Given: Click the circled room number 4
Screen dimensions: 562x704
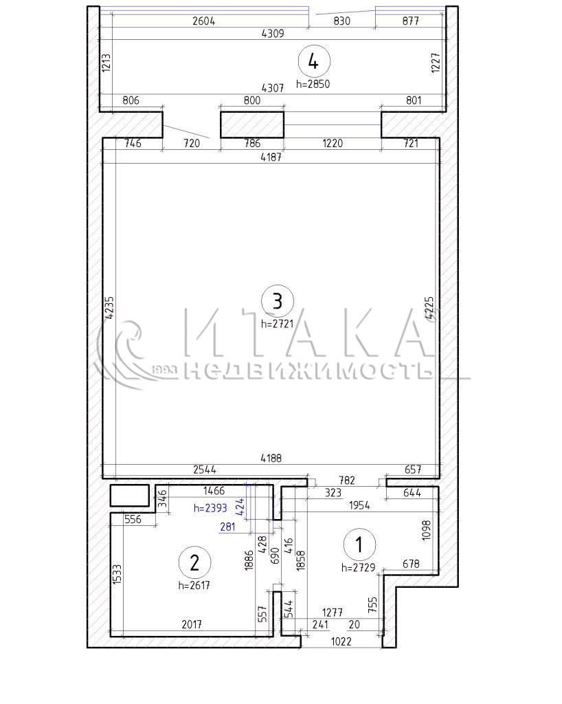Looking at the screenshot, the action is pyautogui.click(x=313, y=61).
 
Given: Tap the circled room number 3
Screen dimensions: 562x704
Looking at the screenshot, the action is pyautogui.click(x=278, y=301).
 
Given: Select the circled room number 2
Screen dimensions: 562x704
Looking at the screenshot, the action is pyautogui.click(x=194, y=562).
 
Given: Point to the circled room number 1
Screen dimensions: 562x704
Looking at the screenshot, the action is pyautogui.click(x=359, y=544).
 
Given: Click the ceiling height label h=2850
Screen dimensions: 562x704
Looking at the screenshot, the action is pyautogui.click(x=313, y=84).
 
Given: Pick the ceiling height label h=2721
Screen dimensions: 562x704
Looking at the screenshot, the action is pyautogui.click(x=277, y=323).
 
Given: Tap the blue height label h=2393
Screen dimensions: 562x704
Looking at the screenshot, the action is pyautogui.click(x=210, y=508).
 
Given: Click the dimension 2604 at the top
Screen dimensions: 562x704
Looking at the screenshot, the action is pyautogui.click(x=203, y=21).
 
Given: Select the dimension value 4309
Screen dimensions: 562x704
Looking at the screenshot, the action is pyautogui.click(x=273, y=33).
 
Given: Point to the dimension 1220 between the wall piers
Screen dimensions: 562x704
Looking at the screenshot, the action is pyautogui.click(x=333, y=143).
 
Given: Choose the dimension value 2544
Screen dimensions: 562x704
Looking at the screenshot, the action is pyautogui.click(x=205, y=469).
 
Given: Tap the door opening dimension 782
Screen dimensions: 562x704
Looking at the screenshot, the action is pyautogui.click(x=347, y=481).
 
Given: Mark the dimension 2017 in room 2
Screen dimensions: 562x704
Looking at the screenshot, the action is pyautogui.click(x=192, y=624).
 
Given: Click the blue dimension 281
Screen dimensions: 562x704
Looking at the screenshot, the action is pyautogui.click(x=228, y=526).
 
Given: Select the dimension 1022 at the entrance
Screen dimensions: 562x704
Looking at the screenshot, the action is pyautogui.click(x=341, y=641).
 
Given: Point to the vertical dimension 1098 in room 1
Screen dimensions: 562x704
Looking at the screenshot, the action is pyautogui.click(x=427, y=530).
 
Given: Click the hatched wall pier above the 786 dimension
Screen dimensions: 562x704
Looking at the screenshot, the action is pyautogui.click(x=252, y=125).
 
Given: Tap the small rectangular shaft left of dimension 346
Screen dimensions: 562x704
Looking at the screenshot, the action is pyautogui.click(x=130, y=495).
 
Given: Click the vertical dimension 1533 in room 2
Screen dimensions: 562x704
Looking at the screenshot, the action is pyautogui.click(x=116, y=574).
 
